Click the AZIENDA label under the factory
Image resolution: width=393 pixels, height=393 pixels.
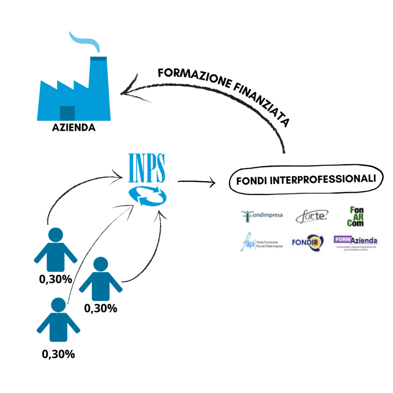tap(74, 127)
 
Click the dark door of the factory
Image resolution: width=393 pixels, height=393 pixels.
tap(67, 113)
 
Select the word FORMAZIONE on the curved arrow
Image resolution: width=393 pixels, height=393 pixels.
tap(192, 77)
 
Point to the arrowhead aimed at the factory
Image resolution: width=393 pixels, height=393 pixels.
tap(125, 92)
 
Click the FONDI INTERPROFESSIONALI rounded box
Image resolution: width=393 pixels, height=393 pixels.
tap(306, 179)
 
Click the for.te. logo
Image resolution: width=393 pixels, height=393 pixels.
tap(311, 217)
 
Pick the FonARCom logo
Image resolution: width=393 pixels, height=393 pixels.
tap(357, 216)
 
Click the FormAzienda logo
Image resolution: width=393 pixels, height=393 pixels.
tap(356, 242)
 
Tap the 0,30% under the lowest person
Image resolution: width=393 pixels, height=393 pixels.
tap(58, 354)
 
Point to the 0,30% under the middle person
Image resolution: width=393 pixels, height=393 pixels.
tap(101, 308)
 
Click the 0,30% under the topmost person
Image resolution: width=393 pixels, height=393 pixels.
tap(56, 279)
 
